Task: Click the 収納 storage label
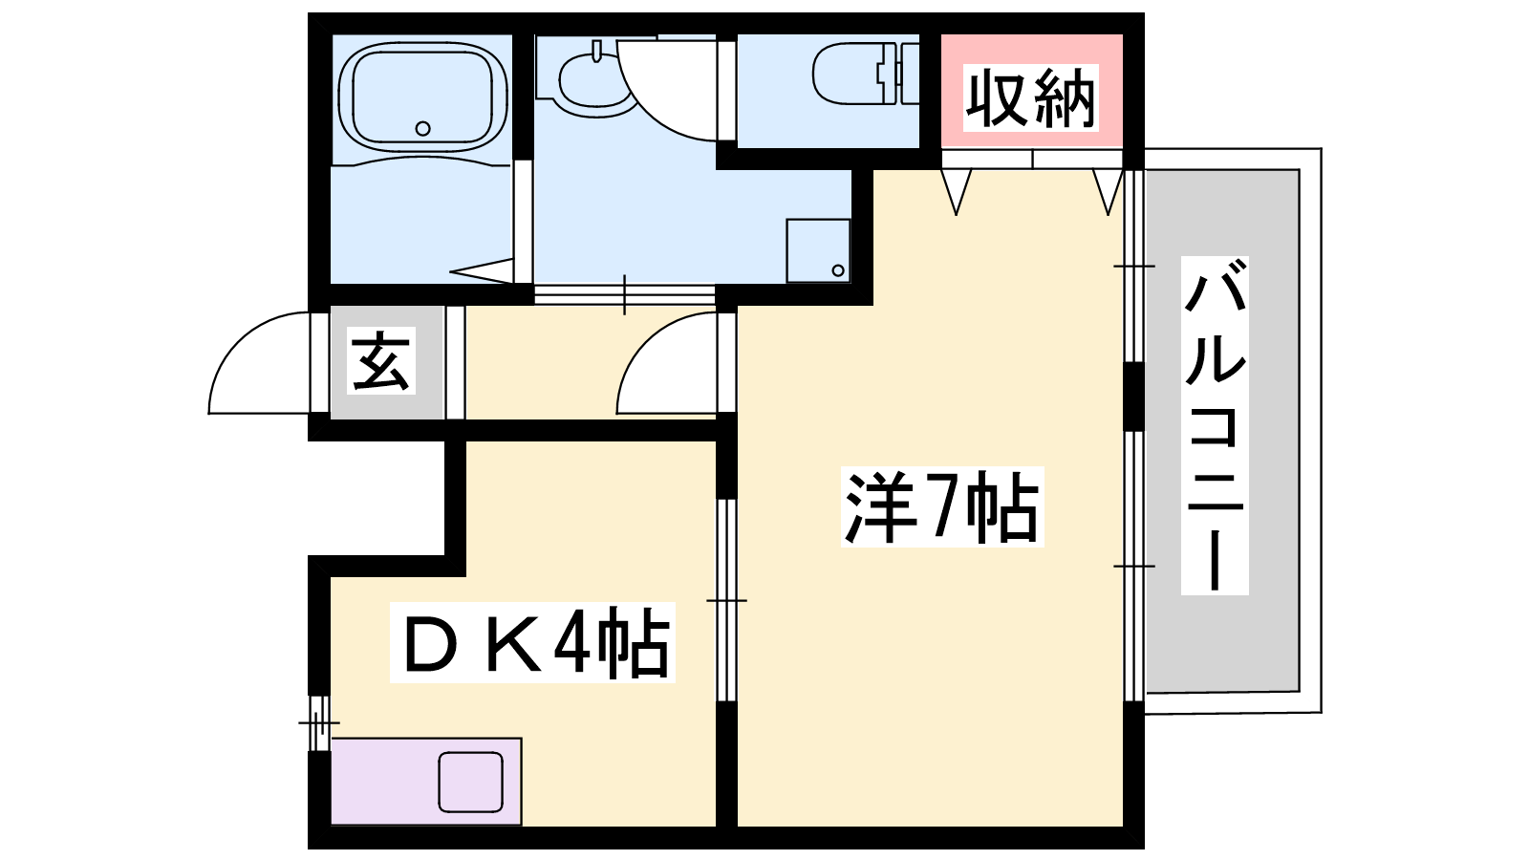pos(1031,98)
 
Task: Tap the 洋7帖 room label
pos(942,506)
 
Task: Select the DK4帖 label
pos(532,642)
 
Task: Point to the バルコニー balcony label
pos(1215,425)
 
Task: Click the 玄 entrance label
pos(381,360)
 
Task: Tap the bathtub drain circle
pos(422,128)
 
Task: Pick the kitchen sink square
pos(470,783)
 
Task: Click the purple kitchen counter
pos(426,781)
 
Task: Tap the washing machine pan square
pos(818,250)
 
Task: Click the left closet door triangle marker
pos(956,192)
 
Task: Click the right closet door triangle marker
pos(1108,192)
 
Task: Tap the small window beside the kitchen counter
pos(319,722)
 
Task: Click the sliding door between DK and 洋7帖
pos(726,600)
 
